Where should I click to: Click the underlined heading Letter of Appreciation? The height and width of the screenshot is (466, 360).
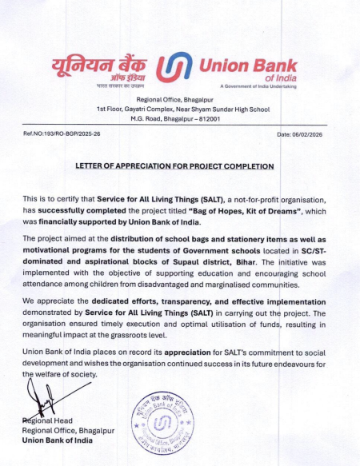pos(174,166)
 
